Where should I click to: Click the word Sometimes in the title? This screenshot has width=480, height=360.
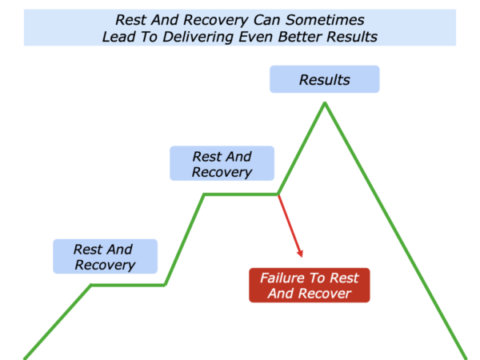[325, 20]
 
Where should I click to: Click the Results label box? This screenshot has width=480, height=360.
[325, 79]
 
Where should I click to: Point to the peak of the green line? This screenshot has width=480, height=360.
[325, 103]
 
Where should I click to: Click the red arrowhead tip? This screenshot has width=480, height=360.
[302, 257]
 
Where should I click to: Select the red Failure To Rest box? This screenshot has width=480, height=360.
[309, 286]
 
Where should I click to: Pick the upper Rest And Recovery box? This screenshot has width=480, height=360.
[222, 163]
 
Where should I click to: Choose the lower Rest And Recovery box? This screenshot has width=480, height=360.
[106, 256]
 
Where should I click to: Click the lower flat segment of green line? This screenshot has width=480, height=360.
[128, 286]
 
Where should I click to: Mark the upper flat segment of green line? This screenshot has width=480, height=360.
[241, 194]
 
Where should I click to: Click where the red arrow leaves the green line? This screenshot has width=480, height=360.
[278, 194]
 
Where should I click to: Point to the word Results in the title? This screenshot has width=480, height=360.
[352, 37]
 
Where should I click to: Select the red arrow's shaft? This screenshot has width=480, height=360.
[290, 226]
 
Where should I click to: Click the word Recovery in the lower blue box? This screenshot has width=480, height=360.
[105, 265]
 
